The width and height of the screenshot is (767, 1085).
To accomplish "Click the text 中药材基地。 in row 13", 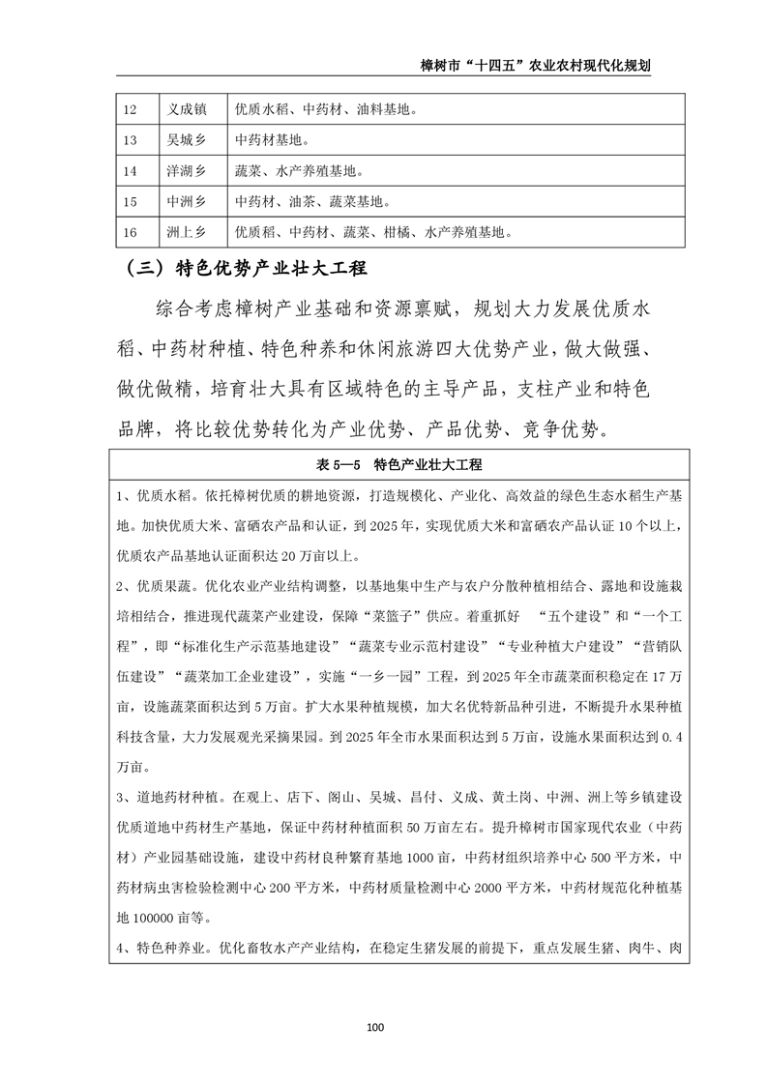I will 272,141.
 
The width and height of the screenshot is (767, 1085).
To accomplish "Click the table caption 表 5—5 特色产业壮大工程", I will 399,465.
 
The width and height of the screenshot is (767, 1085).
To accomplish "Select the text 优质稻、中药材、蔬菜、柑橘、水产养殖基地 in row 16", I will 370,233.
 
